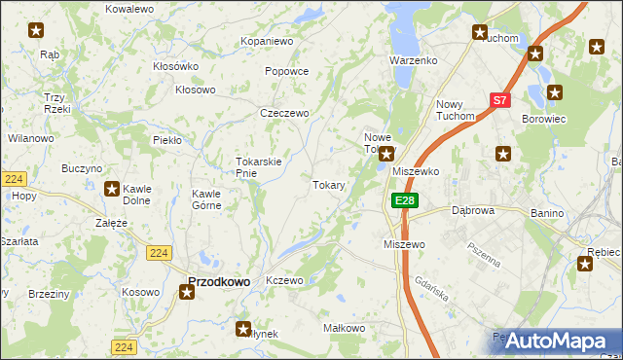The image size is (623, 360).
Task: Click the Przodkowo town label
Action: coord(218,281)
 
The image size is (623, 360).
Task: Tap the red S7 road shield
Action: coord(499,99)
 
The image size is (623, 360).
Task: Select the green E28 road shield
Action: coord(405,199)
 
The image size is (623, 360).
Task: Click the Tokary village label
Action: coord(328,185)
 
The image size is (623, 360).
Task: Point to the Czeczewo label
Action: coord(284,113)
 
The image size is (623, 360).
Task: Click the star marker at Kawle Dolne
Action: coord(113,190)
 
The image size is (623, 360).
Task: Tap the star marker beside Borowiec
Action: coord(555,93)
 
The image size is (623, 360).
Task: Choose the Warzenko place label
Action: coord(414,60)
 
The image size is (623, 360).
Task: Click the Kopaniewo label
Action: coord(267,42)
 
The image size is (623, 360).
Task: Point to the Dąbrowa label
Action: coord(474,209)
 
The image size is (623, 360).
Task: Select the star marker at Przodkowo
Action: coord(187,291)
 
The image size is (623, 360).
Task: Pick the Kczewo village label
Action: coord(285,280)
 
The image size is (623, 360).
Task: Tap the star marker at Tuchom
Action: coord(480,32)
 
